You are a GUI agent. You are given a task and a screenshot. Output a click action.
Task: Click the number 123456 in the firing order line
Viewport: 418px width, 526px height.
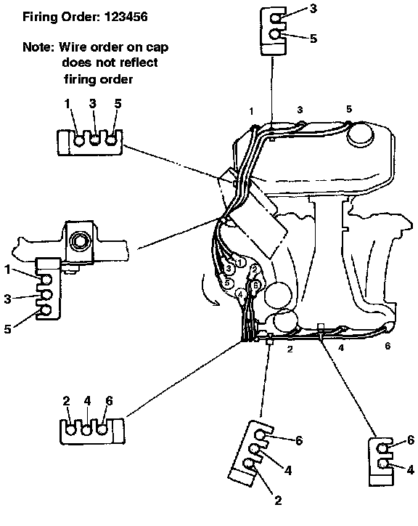pyautogui.click(x=126, y=17)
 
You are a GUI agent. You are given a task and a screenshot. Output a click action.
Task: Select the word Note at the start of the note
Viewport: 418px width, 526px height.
pyautogui.click(x=38, y=46)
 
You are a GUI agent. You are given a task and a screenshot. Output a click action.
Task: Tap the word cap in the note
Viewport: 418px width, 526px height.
pyautogui.click(x=157, y=48)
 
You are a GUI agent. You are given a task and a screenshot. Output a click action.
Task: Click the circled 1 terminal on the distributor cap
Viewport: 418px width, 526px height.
pyautogui.click(x=239, y=262)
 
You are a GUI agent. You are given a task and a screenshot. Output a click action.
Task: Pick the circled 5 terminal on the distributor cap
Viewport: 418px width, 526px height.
pyautogui.click(x=227, y=283)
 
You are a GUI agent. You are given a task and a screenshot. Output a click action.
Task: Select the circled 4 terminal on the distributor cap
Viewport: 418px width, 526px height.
pyautogui.click(x=240, y=294)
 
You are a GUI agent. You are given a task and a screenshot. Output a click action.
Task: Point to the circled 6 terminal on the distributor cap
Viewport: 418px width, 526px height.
pyautogui.click(x=255, y=285)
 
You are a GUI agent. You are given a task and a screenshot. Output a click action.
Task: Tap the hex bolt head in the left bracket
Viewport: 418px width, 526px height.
pyautogui.click(x=79, y=240)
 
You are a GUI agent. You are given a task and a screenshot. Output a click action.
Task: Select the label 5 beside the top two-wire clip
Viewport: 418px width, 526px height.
pyautogui.click(x=313, y=39)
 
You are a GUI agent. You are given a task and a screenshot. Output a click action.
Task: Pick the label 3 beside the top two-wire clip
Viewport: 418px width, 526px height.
pyautogui.click(x=313, y=9)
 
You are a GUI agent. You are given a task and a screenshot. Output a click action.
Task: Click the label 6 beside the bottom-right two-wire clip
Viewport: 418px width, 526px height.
pyautogui.click(x=411, y=440)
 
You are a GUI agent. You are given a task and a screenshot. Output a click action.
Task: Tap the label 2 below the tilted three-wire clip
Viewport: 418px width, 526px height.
pyautogui.click(x=278, y=501)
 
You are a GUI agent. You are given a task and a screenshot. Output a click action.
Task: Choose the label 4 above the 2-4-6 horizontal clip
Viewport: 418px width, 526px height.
pyautogui.click(x=88, y=401)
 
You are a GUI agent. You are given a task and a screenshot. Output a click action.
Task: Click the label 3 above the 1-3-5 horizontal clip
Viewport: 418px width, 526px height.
pyautogui.click(x=93, y=103)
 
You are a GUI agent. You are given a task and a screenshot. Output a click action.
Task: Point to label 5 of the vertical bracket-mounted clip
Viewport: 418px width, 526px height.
pyautogui.click(x=8, y=329)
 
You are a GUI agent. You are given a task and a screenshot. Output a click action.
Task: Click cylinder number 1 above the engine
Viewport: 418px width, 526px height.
pyautogui.click(x=251, y=111)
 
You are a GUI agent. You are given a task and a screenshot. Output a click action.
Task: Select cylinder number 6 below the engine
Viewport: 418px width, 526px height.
pyautogui.click(x=388, y=346)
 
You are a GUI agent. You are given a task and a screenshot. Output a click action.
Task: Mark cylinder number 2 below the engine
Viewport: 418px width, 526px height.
pyautogui.click(x=290, y=349)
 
